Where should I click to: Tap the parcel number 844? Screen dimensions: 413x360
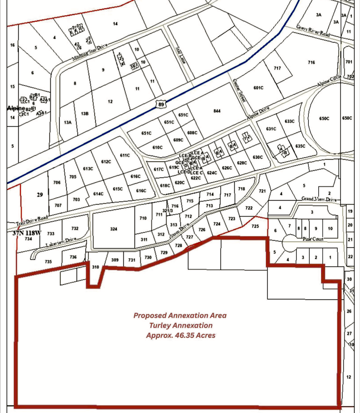(216, 110)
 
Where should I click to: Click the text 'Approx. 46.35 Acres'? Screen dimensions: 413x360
(180, 335)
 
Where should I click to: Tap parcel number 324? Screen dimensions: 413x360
(114, 229)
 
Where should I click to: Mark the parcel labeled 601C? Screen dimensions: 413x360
(258, 88)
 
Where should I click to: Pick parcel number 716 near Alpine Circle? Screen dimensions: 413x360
(311, 62)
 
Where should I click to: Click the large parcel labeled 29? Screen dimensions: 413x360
(40, 194)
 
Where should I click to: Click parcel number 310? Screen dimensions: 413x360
(95, 267)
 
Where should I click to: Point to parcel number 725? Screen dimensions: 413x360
(255, 226)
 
